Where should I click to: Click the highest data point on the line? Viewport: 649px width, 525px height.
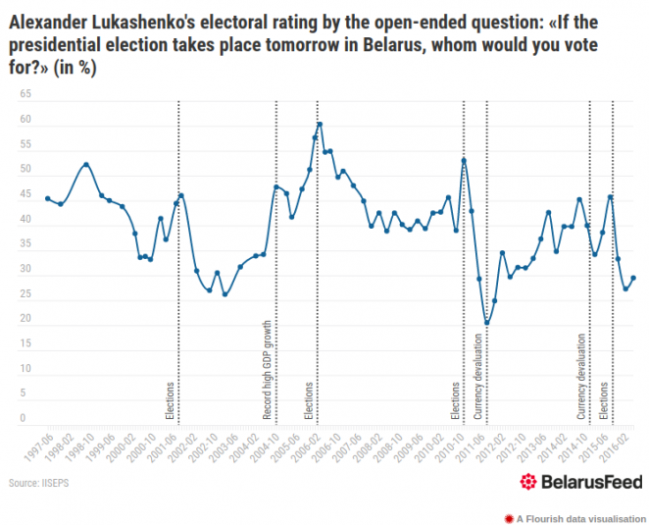tap(320, 125)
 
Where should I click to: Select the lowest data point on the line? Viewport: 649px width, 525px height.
tap(486, 323)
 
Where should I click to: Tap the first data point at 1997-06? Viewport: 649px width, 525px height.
tap(48, 199)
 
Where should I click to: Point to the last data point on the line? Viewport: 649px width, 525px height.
tap(633, 278)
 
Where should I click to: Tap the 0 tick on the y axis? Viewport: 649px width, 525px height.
tap(23, 419)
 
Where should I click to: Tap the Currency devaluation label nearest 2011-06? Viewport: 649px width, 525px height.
tap(478, 378)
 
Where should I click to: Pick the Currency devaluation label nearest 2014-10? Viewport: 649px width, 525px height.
tap(580, 378)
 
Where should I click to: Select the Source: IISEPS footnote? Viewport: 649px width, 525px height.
tap(39, 483)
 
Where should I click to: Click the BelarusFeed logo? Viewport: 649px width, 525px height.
tap(581, 482)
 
